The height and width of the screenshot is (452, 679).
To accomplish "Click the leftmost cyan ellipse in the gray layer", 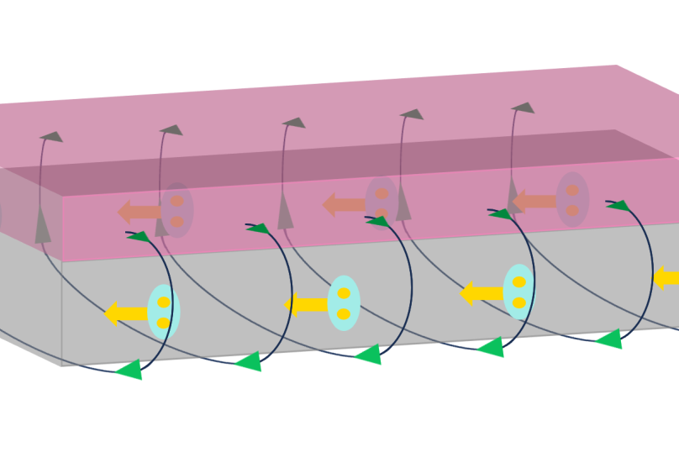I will coord(164,312).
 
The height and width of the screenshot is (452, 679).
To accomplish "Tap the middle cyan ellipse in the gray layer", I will coord(344,303).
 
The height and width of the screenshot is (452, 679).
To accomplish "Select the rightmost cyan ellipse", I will coord(518,292).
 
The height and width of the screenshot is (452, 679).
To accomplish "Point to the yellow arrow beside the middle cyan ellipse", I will coord(305,304).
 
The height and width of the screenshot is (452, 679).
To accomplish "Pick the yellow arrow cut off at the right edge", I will coord(666,278).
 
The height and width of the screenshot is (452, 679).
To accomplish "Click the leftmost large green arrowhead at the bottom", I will coord(130,369).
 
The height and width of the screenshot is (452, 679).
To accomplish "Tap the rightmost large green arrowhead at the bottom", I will coord(609,339).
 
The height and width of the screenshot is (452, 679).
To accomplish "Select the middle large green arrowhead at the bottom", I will coord(369,355).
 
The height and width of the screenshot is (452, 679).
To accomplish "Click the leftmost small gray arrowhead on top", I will coord(52,136).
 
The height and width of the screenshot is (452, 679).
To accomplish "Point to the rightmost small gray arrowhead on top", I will coord(524,108).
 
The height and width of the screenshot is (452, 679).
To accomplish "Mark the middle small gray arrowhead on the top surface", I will coord(294,123).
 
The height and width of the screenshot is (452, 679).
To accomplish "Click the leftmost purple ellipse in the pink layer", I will coord(177,210).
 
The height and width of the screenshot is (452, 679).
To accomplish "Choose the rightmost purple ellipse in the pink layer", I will coord(572,199).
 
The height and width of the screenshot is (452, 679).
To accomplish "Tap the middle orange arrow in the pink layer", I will coord(344,204).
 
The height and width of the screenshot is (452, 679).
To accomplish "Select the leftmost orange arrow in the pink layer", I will coord(139,212).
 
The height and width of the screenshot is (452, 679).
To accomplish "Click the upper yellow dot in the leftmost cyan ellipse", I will coord(164,302).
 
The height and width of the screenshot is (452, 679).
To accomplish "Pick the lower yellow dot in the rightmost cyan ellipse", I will coord(518,302).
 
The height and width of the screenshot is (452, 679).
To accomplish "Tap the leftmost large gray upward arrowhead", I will coord(43,226).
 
